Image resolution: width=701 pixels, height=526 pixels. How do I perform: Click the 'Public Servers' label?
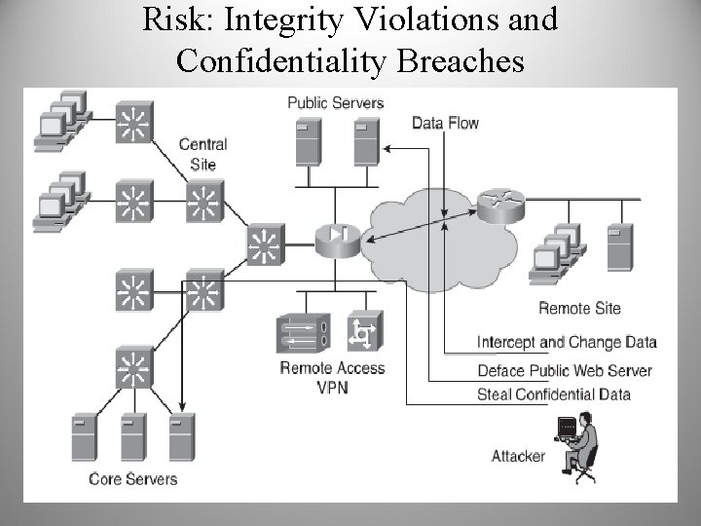335,102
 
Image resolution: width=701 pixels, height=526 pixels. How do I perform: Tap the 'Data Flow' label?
445,123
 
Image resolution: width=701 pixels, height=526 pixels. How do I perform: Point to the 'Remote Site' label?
579,308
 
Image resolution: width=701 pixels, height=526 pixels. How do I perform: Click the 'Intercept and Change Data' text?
567,342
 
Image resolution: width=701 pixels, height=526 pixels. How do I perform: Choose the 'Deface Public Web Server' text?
565,370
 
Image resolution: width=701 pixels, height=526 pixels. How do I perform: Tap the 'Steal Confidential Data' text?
554,394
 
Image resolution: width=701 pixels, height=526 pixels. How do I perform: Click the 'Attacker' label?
518,456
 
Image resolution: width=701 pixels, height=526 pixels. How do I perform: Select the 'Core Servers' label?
133,478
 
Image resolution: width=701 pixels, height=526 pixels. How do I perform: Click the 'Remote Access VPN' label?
332,377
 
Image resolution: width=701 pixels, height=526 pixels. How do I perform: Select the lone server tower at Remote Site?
619,247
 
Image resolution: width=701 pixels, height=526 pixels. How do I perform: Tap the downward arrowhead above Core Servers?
184,403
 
